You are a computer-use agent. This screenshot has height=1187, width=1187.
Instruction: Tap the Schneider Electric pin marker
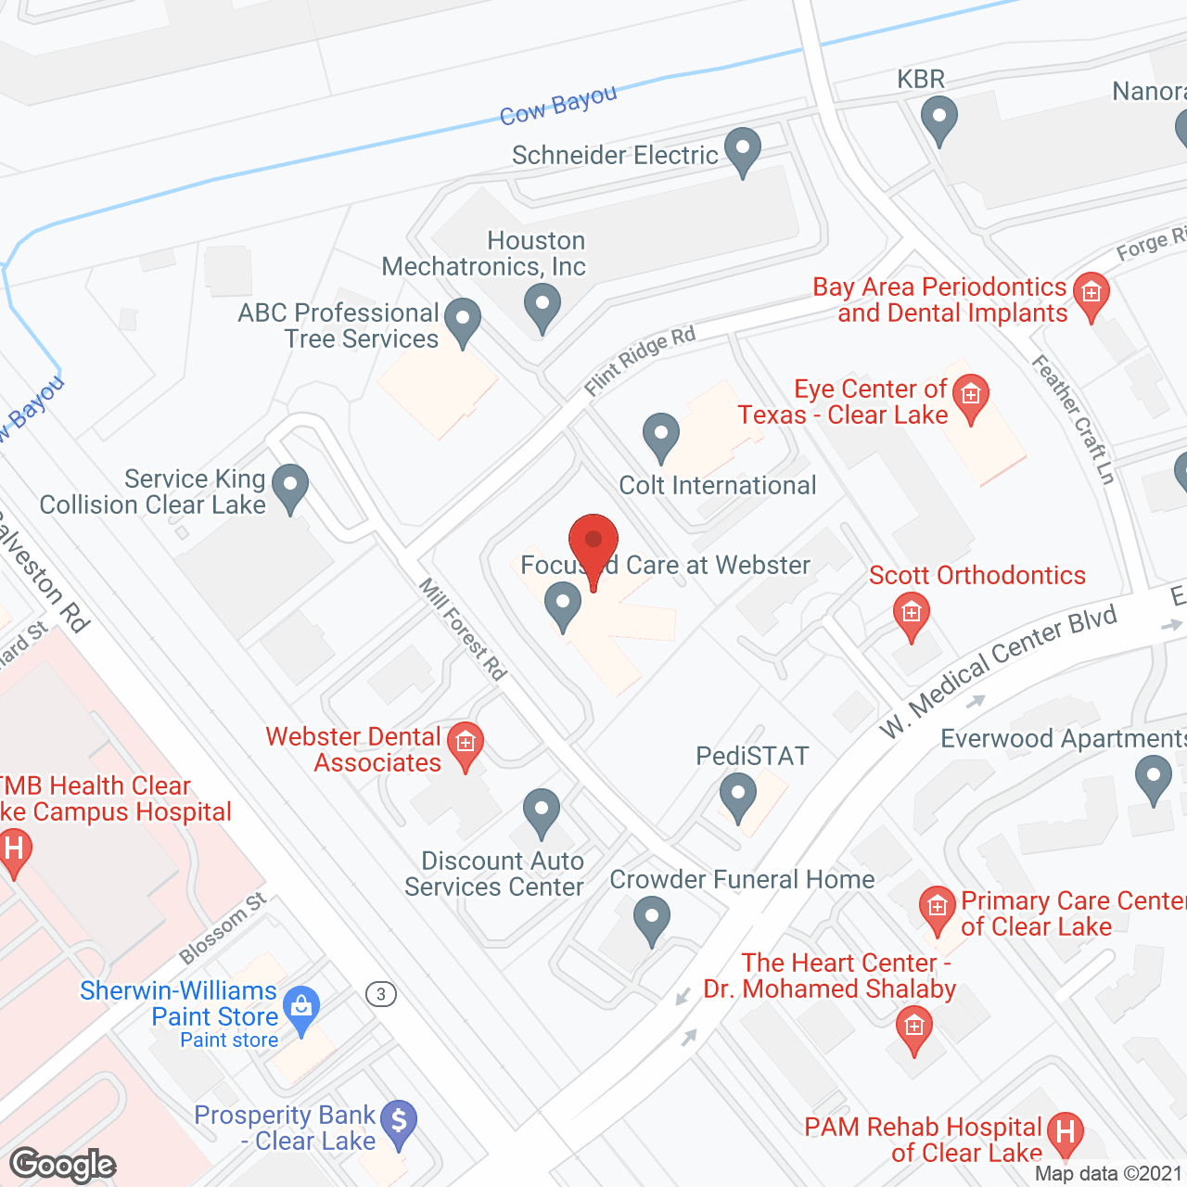(742, 149)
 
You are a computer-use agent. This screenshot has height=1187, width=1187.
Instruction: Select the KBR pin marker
(938, 119)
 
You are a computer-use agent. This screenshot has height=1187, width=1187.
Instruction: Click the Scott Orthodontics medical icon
(911, 614)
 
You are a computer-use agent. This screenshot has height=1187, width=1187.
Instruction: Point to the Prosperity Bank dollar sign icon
(399, 1122)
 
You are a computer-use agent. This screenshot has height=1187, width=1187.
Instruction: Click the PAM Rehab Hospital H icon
(1065, 1133)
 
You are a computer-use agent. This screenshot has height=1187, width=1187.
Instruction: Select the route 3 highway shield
(380, 994)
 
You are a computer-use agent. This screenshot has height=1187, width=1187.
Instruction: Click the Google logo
(63, 1165)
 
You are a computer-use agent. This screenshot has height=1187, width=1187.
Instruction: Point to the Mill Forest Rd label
(463, 629)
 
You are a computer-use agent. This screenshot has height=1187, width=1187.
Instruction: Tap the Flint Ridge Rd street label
(640, 361)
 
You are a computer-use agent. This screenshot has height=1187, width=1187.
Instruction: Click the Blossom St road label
(223, 928)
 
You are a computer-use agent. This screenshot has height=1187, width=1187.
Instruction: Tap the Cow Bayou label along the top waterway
(557, 105)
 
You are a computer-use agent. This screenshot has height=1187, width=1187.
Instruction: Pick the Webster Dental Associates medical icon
(466, 744)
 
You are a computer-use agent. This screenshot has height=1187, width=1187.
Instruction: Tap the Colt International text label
(717, 485)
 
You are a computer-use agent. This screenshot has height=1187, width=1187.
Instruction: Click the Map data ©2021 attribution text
(1108, 1173)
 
